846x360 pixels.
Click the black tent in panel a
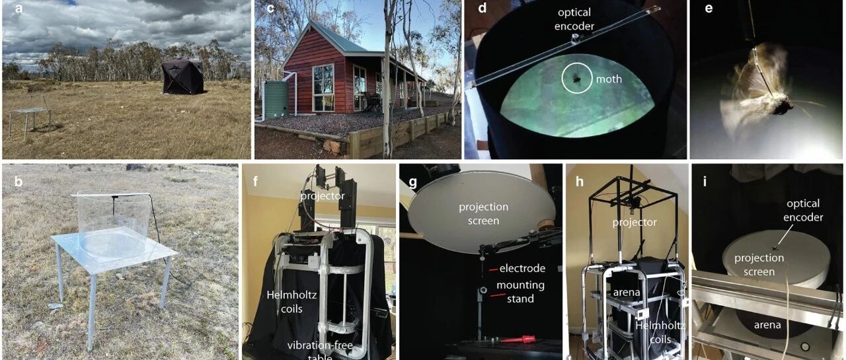click(x=183, y=77)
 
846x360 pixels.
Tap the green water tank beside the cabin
click(x=276, y=99)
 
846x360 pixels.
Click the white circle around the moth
click(x=577, y=78)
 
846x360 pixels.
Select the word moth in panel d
click(x=609, y=79)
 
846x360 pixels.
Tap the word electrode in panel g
click(x=522, y=268)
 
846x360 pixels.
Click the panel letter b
click(x=19, y=182)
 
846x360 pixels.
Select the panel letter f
click(x=256, y=181)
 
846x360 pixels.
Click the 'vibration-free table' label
click(x=321, y=351)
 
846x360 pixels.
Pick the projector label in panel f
click(x=323, y=196)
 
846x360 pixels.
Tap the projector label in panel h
click(x=634, y=222)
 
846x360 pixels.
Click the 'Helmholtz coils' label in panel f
click(x=291, y=302)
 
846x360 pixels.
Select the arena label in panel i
click(x=767, y=325)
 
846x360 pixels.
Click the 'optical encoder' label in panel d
click(x=574, y=19)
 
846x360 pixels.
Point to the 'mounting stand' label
click(x=520, y=292)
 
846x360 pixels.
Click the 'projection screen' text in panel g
click(x=483, y=213)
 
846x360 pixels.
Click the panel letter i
click(x=705, y=182)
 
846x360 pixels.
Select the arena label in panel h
click(x=627, y=293)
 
